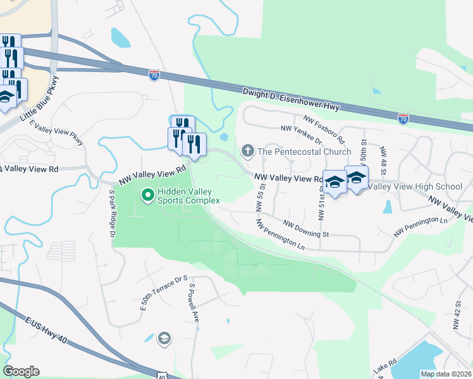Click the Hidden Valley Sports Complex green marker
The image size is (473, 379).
pos(148,195)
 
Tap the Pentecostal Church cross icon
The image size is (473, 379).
pos(247,151)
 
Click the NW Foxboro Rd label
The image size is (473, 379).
pos(324,129)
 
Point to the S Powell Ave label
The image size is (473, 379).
pos(195,302)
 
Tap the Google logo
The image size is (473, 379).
pos(21,371)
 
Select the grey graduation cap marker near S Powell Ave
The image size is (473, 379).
pos(164,339)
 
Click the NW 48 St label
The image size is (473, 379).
pos(383,161)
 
